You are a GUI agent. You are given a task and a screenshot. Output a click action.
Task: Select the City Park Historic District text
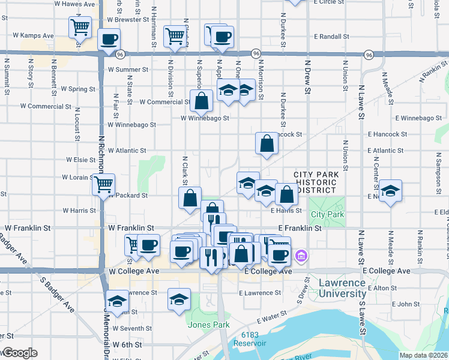[316, 182]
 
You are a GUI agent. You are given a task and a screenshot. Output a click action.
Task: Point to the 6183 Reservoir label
[251, 338]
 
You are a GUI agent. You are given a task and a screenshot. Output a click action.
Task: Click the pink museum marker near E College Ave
[301, 256]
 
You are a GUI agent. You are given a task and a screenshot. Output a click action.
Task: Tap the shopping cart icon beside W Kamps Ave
[80, 28]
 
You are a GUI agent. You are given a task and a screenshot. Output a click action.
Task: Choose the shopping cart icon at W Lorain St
[103, 184]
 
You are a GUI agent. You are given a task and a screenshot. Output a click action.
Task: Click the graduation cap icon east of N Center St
[391, 191]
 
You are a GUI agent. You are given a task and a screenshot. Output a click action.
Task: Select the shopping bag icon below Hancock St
[267, 144]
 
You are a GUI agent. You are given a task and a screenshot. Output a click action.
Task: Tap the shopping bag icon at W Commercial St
[202, 101]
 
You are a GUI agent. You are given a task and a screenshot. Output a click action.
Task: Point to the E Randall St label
[331, 37]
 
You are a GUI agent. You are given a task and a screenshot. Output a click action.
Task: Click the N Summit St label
[7, 77]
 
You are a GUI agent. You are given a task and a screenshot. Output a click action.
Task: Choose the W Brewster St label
[128, 20]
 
